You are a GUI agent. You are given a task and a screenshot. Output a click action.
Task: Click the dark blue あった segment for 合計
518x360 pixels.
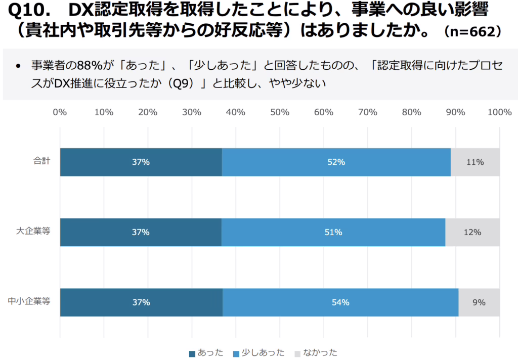point(141,162)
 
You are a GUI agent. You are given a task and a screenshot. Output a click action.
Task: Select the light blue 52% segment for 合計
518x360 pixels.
point(336,162)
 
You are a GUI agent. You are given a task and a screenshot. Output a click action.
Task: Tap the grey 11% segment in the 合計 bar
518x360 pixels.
point(475,162)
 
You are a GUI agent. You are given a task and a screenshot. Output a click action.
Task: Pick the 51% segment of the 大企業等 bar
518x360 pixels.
point(333,233)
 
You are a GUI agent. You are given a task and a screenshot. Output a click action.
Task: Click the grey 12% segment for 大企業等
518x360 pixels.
point(472,233)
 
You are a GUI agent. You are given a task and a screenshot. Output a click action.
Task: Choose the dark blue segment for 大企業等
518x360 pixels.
point(141,233)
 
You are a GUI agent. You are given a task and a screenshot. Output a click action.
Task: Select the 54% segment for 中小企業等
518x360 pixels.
point(340,302)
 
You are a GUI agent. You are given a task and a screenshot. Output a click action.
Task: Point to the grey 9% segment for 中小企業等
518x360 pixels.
point(479,302)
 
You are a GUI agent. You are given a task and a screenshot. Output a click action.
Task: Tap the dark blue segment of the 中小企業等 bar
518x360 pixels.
point(141,302)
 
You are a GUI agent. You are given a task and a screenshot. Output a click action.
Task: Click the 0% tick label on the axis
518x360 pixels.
point(60,112)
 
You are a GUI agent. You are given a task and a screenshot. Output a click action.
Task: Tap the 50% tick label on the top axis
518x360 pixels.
point(280,112)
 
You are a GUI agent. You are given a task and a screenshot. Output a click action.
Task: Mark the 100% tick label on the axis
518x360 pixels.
point(499,112)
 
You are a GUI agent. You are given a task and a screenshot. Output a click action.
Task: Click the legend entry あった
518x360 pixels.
point(206,352)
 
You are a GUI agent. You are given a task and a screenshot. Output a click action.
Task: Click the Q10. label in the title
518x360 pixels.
point(31,11)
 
